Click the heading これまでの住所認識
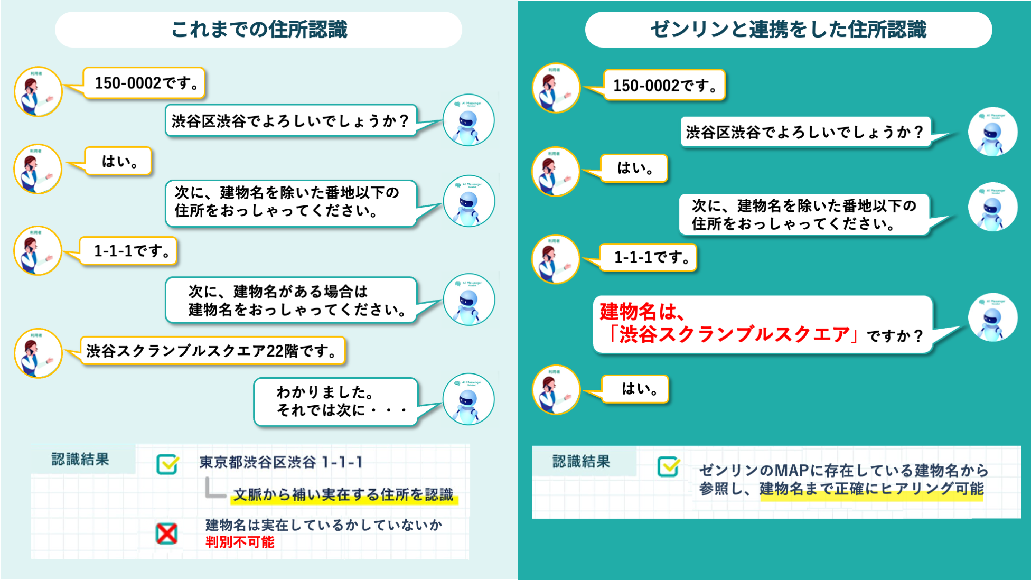[x=259, y=30]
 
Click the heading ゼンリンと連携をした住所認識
[x=788, y=30]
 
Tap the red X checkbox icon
[x=167, y=534]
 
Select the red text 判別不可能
[x=240, y=542]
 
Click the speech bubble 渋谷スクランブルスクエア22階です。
[x=212, y=351]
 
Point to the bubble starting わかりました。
[x=336, y=401]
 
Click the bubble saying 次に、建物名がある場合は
[x=292, y=300]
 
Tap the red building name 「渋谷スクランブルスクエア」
[x=734, y=334]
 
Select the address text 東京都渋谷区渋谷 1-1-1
[x=281, y=463]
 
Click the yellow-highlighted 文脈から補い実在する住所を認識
[x=343, y=495]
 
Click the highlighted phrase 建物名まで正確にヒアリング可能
[x=871, y=489]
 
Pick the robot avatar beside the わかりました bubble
[x=468, y=399]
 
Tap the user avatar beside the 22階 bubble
[x=38, y=353]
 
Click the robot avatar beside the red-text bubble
[x=992, y=317]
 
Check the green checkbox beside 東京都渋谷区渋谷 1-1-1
[x=167, y=464]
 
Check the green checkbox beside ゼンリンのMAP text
[x=668, y=466]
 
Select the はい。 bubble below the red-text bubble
[x=635, y=389]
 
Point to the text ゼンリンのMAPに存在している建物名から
[x=843, y=470]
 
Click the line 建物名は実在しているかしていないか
[x=323, y=525]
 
